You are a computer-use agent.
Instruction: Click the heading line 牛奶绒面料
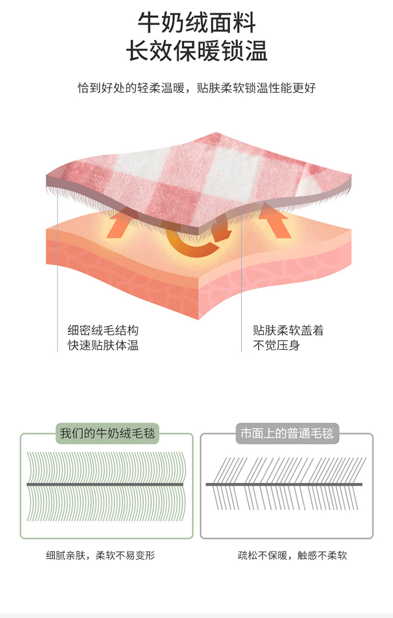[196, 24]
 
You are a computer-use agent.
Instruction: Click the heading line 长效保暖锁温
[196, 52]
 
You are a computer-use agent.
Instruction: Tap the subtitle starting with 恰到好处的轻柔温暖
[196, 88]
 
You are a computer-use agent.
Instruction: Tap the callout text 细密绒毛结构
[103, 331]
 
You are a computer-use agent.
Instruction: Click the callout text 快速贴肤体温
[103, 346]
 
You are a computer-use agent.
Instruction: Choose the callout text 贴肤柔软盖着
[288, 331]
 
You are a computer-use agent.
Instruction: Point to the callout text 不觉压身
[277, 346]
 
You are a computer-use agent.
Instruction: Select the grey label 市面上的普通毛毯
[287, 433]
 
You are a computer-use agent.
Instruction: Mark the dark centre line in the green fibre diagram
[105, 484]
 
